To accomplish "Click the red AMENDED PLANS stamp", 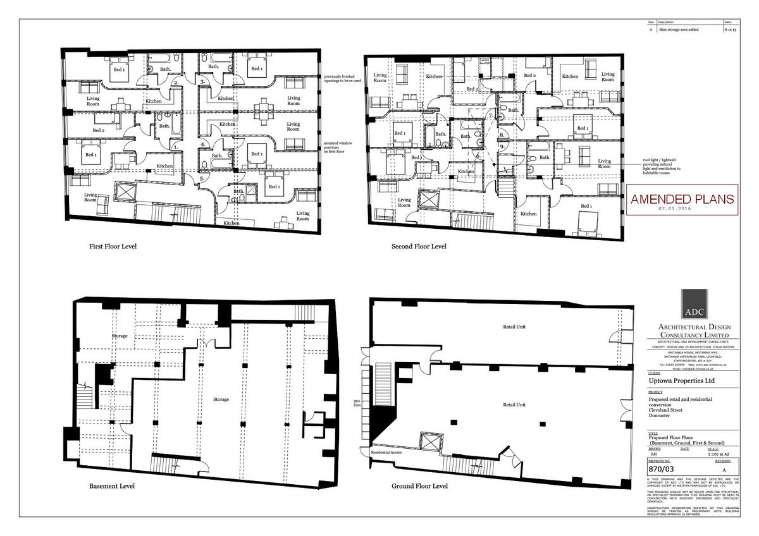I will point(682,199).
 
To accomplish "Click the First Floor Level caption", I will point(113,246).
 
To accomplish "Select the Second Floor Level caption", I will point(419,246).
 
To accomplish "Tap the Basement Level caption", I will point(112,486).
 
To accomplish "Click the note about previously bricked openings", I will point(343,78).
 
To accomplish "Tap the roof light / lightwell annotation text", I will point(662,165).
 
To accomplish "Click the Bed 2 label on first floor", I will point(98,130).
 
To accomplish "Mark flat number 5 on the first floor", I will point(201,179).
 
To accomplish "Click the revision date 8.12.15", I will point(730,29).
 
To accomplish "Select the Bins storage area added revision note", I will point(679,29).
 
